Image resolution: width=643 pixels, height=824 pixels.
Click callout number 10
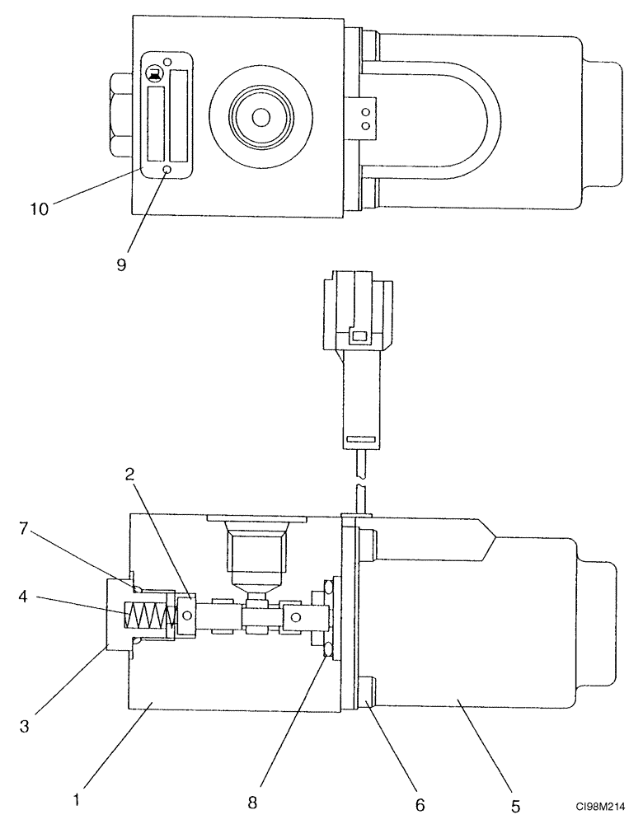(40, 208)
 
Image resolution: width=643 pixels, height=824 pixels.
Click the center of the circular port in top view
(260, 118)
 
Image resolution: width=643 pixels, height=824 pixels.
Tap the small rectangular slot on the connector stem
(359, 437)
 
